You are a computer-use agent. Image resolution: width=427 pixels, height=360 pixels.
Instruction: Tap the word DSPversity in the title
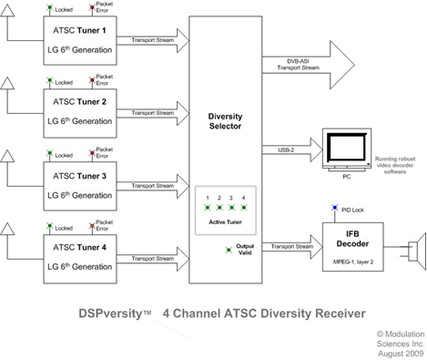[107, 312]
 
